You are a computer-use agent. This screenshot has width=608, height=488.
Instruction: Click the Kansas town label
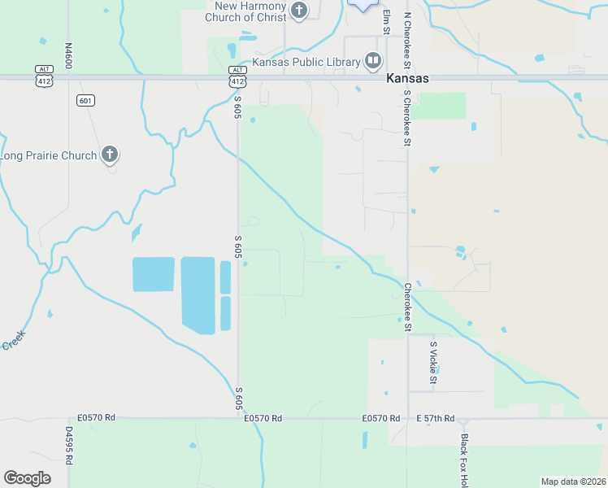pyautogui.click(x=407, y=79)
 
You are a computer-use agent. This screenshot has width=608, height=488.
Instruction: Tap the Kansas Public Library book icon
pyautogui.click(x=373, y=60)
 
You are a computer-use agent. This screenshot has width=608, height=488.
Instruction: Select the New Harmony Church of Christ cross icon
pyautogui.click(x=300, y=11)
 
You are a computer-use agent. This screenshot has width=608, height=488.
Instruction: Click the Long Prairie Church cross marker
pyautogui.click(x=111, y=155)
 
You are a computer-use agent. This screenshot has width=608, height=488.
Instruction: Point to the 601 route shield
pyautogui.click(x=85, y=100)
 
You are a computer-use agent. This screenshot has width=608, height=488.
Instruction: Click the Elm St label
pyautogui.click(x=387, y=22)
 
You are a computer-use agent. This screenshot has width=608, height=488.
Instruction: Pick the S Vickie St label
pyautogui.click(x=433, y=363)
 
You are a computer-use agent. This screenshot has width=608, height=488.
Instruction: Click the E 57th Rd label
pyautogui.click(x=436, y=418)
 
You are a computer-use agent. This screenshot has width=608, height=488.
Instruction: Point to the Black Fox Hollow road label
pyautogui.click(x=464, y=460)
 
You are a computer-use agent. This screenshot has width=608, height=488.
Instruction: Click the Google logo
pyautogui.click(x=27, y=478)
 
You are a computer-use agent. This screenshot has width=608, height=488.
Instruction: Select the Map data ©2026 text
pyautogui.click(x=573, y=481)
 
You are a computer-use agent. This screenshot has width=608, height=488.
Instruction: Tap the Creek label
pyautogui.click(x=14, y=339)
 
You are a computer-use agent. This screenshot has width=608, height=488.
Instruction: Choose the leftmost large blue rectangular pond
pyautogui.click(x=154, y=274)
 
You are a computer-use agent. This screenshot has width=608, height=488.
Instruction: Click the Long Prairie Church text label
pyautogui.click(x=49, y=155)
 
